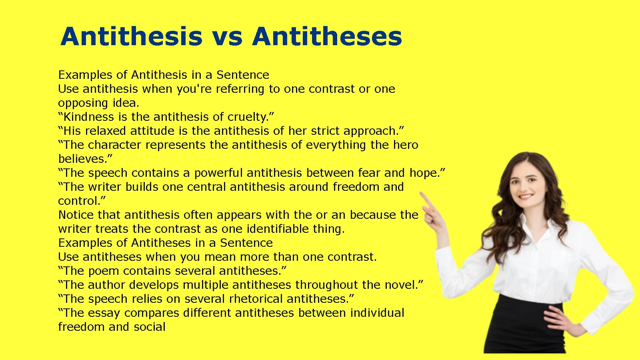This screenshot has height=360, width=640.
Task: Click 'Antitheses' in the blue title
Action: point(327,36)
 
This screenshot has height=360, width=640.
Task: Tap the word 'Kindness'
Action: point(90,117)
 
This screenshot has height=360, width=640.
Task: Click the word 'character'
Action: point(114,145)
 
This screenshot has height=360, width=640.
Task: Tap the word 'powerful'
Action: point(218,173)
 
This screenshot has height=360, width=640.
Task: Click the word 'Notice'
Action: point(76,215)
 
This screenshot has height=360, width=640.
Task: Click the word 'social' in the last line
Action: point(150,327)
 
